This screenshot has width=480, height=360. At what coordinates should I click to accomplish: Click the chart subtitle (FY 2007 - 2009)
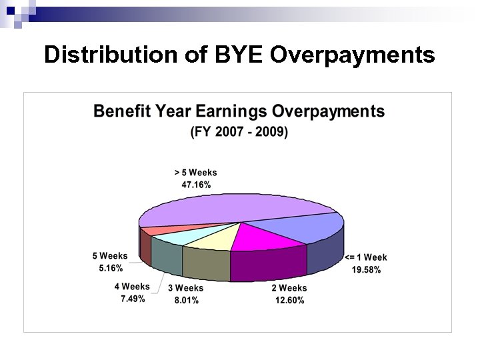[239, 132]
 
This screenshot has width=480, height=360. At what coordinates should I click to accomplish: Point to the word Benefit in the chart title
[122, 111]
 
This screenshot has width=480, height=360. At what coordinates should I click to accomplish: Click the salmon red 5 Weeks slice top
[155, 230]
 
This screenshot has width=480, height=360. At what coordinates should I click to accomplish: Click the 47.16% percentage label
[196, 185]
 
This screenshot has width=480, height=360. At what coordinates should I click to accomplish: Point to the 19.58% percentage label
[366, 270]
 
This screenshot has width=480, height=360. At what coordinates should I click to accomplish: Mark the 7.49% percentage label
[133, 299]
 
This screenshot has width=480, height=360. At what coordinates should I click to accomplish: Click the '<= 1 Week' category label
[365, 257]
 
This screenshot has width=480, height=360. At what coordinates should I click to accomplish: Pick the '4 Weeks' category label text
[132, 287]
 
